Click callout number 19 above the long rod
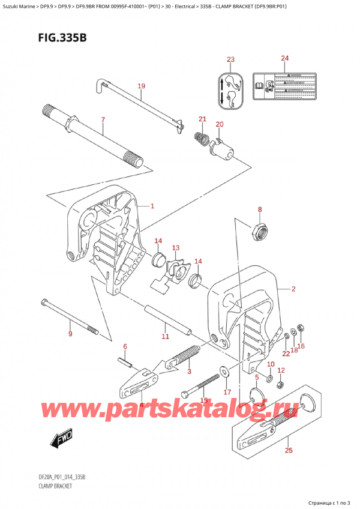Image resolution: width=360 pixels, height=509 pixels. point(141,86)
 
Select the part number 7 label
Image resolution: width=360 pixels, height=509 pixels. point(103,120)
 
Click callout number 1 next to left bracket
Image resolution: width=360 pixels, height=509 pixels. point(152,206)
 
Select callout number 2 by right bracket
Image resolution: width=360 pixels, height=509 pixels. point(293,289)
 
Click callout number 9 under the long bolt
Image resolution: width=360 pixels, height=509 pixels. point(70,334)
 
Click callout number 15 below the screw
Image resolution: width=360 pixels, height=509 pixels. point(204,400)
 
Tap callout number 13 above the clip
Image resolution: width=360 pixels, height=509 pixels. point(176,248)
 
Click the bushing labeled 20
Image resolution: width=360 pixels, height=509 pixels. point(215,148)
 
